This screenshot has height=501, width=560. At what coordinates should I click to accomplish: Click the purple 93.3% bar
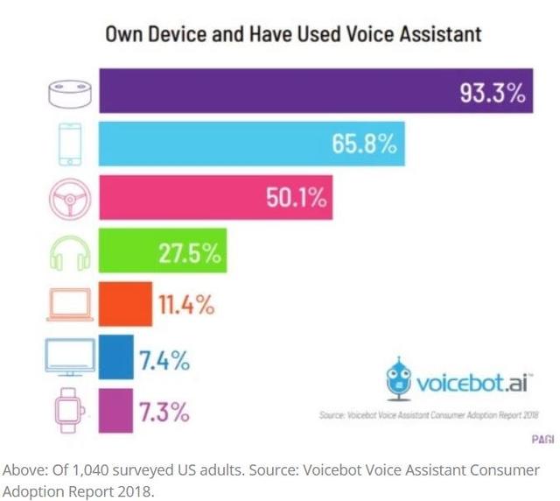coord(315,91)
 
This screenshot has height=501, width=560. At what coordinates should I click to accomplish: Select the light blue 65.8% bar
coord(251,143)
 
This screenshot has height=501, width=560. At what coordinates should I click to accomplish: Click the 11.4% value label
coord(185,306)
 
